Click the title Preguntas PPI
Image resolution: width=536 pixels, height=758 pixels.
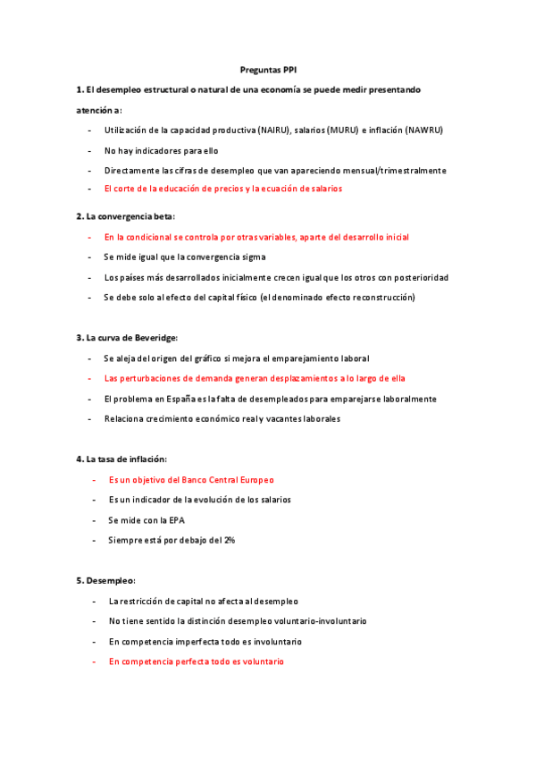pos(267,69)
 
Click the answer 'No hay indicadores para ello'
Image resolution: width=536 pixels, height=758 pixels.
pos(161,150)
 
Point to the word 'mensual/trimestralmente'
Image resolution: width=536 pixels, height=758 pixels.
pos(398,170)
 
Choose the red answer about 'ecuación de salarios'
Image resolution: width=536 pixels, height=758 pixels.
pos(222,189)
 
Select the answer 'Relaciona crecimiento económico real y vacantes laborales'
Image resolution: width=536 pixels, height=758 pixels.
pos(222,418)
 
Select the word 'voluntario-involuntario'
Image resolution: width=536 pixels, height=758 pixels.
pos(316,620)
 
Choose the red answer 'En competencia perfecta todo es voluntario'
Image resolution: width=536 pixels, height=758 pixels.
pos(196,661)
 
